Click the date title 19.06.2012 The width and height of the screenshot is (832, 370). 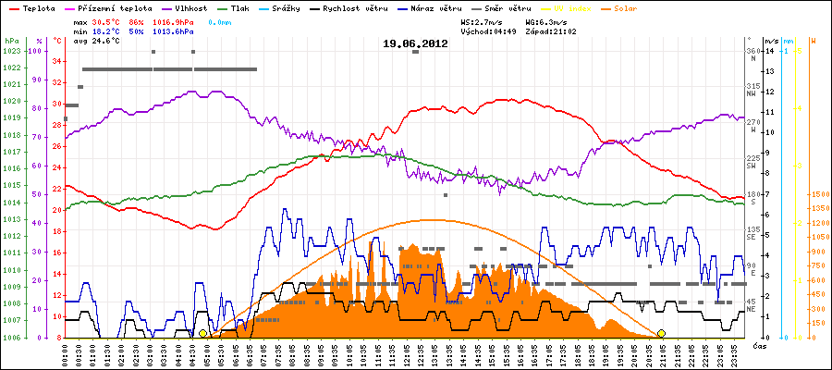point(415,43)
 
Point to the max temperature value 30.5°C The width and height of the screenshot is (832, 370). point(106,20)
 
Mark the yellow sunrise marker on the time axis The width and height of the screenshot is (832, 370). point(202,333)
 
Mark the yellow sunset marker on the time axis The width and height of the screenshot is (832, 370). point(661,333)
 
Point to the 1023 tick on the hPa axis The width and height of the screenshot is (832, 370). point(10,51)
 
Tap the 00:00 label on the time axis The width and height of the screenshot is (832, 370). point(67,353)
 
